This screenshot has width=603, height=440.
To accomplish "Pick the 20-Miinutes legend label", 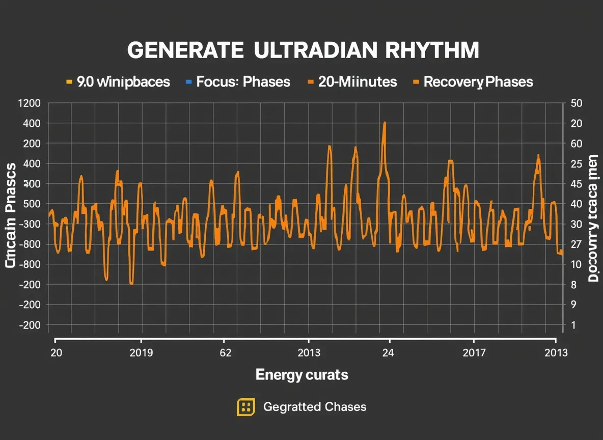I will coord(357,82).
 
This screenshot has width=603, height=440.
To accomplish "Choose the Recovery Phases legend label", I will coord(478,82).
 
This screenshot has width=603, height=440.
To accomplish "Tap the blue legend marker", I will coord(188,81).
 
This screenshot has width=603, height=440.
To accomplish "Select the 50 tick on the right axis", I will coord(577,103).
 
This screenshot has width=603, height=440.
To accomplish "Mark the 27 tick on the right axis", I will coord(576,244).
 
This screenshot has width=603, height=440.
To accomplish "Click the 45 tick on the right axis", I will coord(576,184).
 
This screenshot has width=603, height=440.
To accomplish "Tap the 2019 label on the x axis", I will coord(141,353).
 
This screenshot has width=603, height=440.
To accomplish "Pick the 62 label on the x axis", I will coord(225,353).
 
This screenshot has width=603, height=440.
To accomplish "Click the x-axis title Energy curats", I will coord(301,375).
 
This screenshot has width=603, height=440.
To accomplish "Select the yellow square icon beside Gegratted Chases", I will coord(246,407).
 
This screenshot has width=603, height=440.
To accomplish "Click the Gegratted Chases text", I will coord(314,407).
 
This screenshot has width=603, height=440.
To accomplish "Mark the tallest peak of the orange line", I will coord(385,123).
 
